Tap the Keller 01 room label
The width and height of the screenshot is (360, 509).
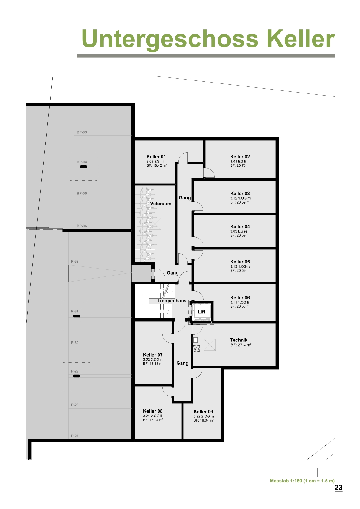(x=156, y=157)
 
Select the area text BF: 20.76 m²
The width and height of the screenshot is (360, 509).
(x=240, y=166)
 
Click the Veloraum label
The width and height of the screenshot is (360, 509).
(x=161, y=204)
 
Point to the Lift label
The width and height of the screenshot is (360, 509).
(x=201, y=312)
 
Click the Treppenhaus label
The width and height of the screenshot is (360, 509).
(x=172, y=301)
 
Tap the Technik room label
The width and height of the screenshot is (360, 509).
(x=238, y=340)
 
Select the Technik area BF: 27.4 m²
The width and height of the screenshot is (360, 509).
(x=241, y=345)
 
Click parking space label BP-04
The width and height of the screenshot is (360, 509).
(x=82, y=162)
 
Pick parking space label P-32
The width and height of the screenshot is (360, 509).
(x=75, y=261)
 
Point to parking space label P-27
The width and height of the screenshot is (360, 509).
(x=75, y=436)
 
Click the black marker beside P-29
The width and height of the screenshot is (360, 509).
(x=77, y=376)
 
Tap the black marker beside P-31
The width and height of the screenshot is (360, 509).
(x=77, y=316)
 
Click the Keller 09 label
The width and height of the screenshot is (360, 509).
(x=203, y=412)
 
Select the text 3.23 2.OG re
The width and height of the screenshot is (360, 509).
(x=153, y=360)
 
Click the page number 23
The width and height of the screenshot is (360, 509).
(x=339, y=488)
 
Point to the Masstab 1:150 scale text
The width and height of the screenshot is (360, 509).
(x=302, y=481)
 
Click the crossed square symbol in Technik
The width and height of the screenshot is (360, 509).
(x=210, y=344)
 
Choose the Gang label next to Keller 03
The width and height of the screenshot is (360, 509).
(x=185, y=198)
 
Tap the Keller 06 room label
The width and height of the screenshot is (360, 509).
(x=240, y=298)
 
